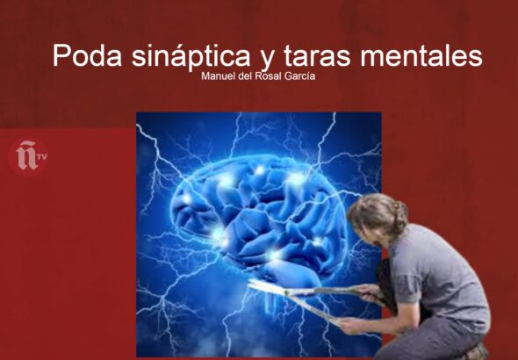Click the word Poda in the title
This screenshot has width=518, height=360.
coord(87,54)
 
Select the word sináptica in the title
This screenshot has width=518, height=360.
coord(191,55)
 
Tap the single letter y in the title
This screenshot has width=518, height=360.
coord(266,60)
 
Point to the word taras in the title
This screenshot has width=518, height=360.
coord(317,56)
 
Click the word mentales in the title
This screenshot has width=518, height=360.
coord(421,55)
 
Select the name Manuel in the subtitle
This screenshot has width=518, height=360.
coord(216,76)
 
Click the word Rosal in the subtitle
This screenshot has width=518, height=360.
coord(266,76)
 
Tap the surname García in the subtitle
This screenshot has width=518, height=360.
coord(298,76)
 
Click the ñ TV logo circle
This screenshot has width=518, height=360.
coord(28,157)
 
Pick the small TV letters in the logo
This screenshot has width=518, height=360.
coord(42,157)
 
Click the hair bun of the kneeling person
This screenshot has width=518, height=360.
coord(400,216)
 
